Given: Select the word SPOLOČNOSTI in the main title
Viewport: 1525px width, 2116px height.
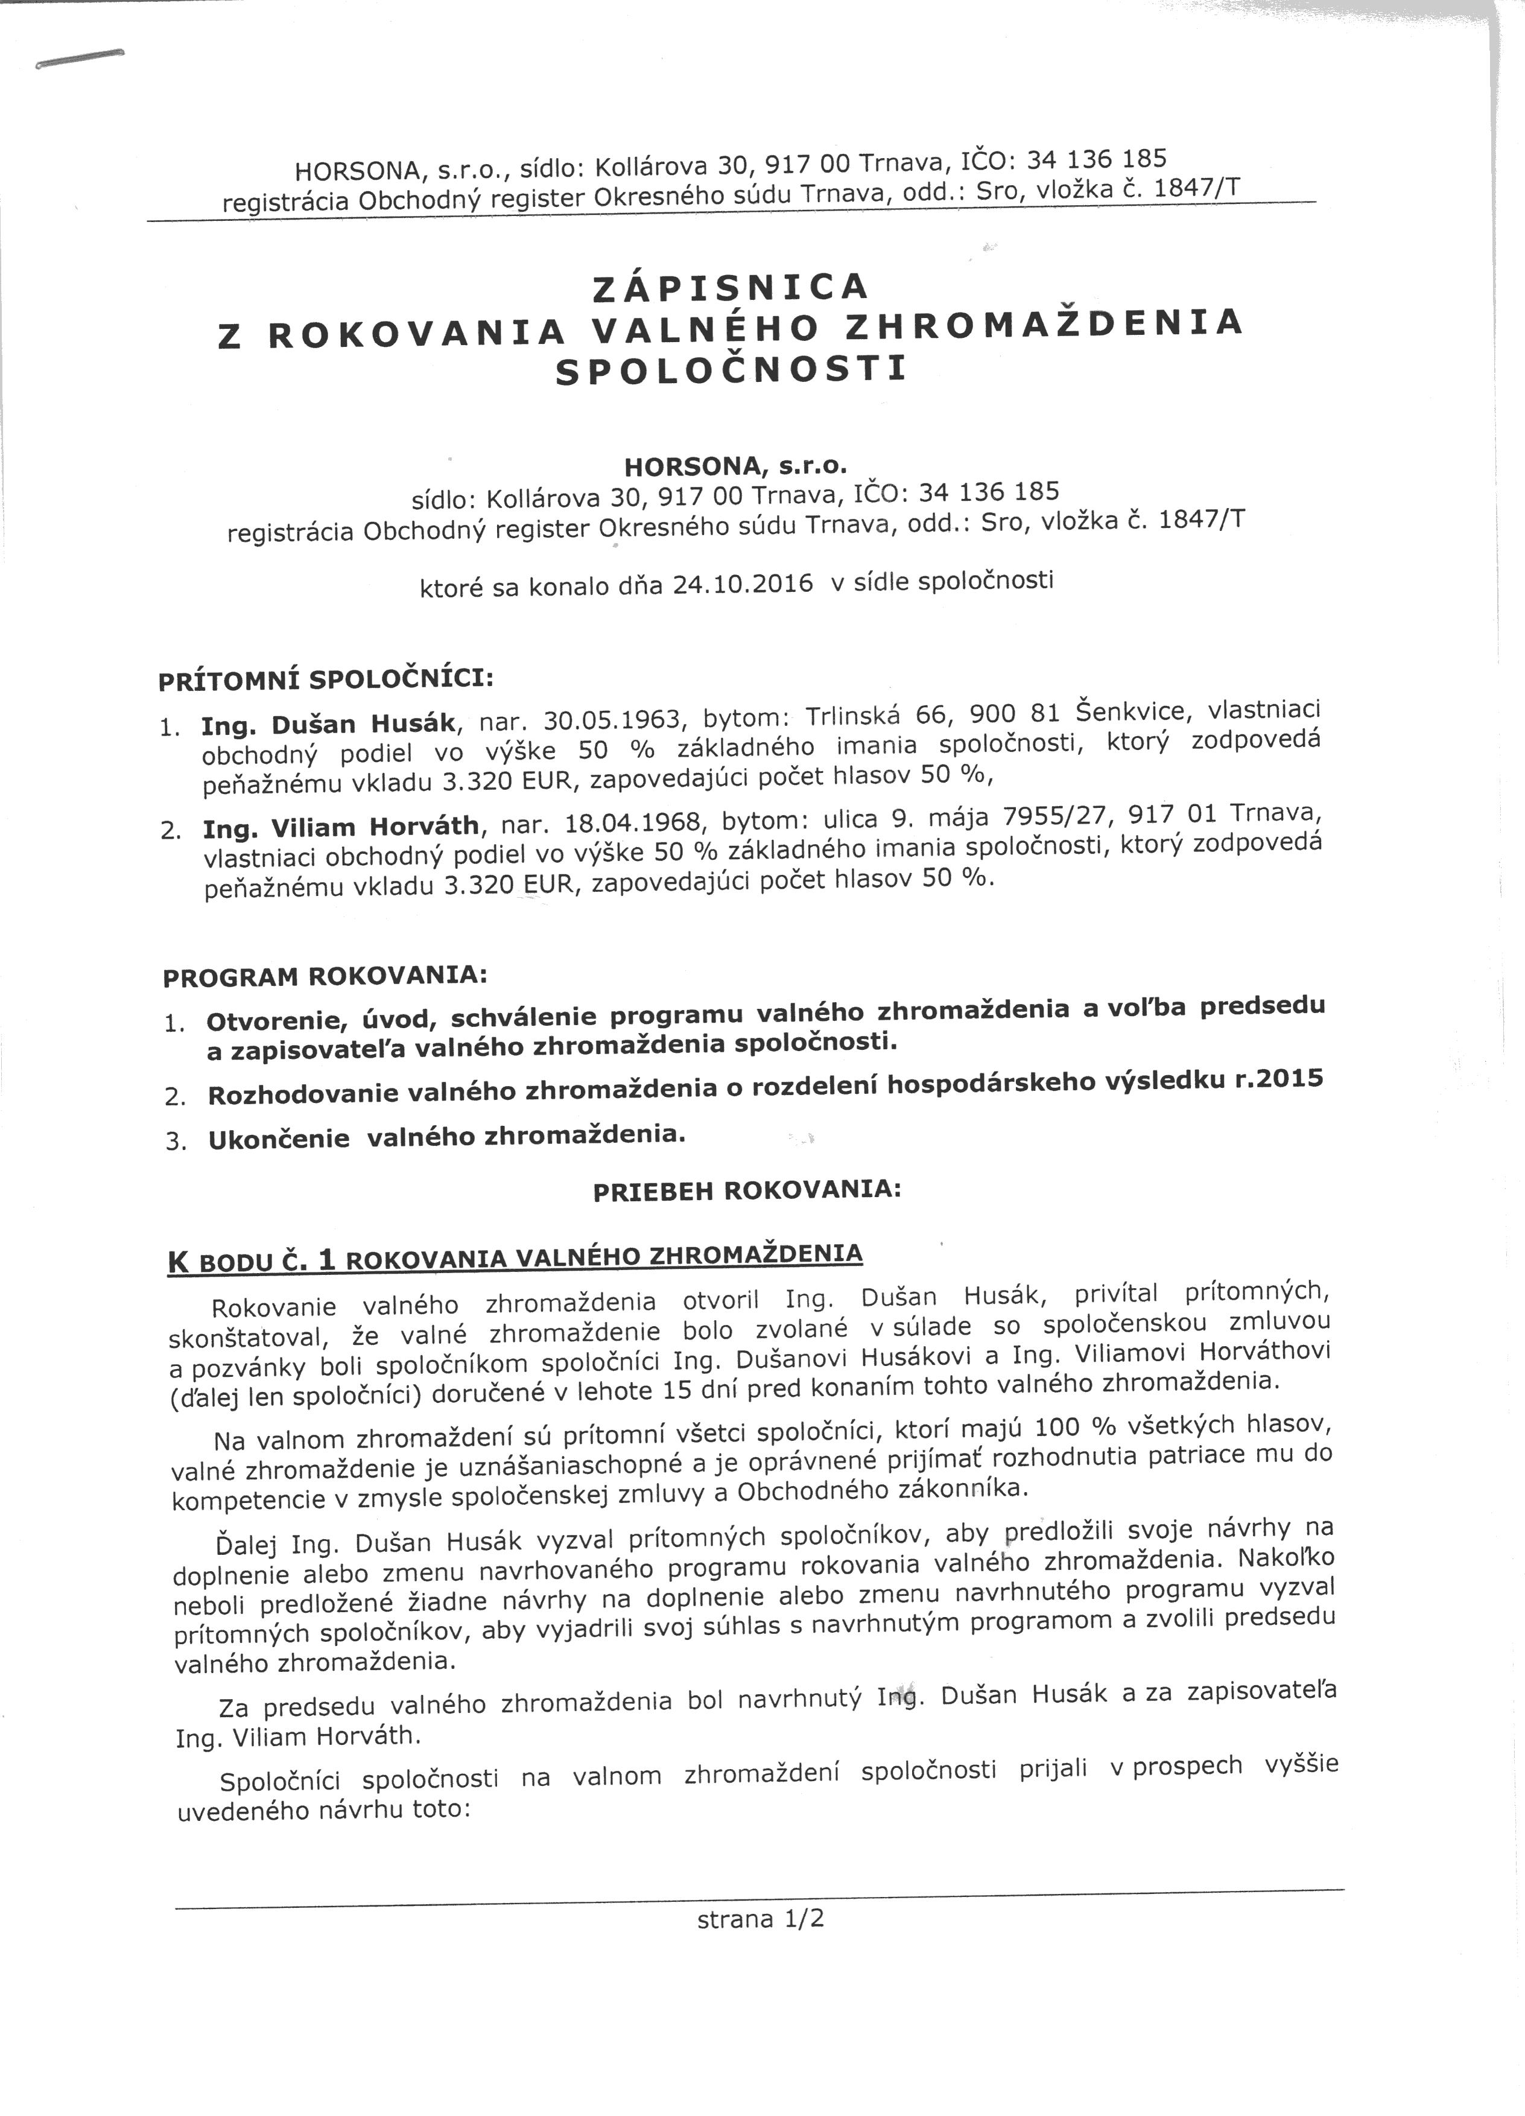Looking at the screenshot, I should [x=731, y=370].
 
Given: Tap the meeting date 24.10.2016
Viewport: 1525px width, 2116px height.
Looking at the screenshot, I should [x=743, y=586].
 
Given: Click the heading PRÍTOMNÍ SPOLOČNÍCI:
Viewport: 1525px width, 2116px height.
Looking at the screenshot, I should [x=326, y=678].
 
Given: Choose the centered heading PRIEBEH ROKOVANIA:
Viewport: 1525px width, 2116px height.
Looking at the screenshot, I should [x=747, y=1192].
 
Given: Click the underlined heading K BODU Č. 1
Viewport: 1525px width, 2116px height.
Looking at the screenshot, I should [x=251, y=1262].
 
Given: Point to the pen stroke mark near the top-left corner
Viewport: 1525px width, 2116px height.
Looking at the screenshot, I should [x=78, y=59].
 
